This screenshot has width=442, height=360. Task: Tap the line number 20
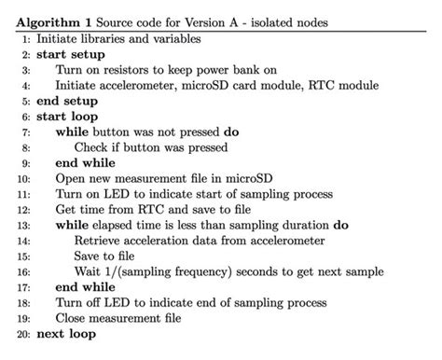22,333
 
